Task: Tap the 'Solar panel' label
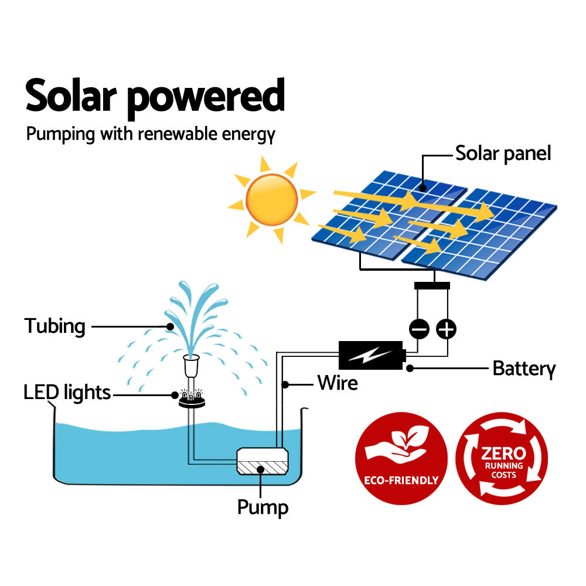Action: pos(503,154)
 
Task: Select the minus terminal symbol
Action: pos(420,329)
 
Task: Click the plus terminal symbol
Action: pos(447,329)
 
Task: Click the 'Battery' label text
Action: pos(523,369)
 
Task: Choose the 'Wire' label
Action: pos(338,383)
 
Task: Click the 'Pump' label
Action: pos(263,507)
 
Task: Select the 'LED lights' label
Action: pos(67,392)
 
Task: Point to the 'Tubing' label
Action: pos(54,326)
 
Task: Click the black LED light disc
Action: pos(191,399)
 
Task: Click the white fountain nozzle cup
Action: pos(191,366)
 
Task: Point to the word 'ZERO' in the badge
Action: pos(503,453)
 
